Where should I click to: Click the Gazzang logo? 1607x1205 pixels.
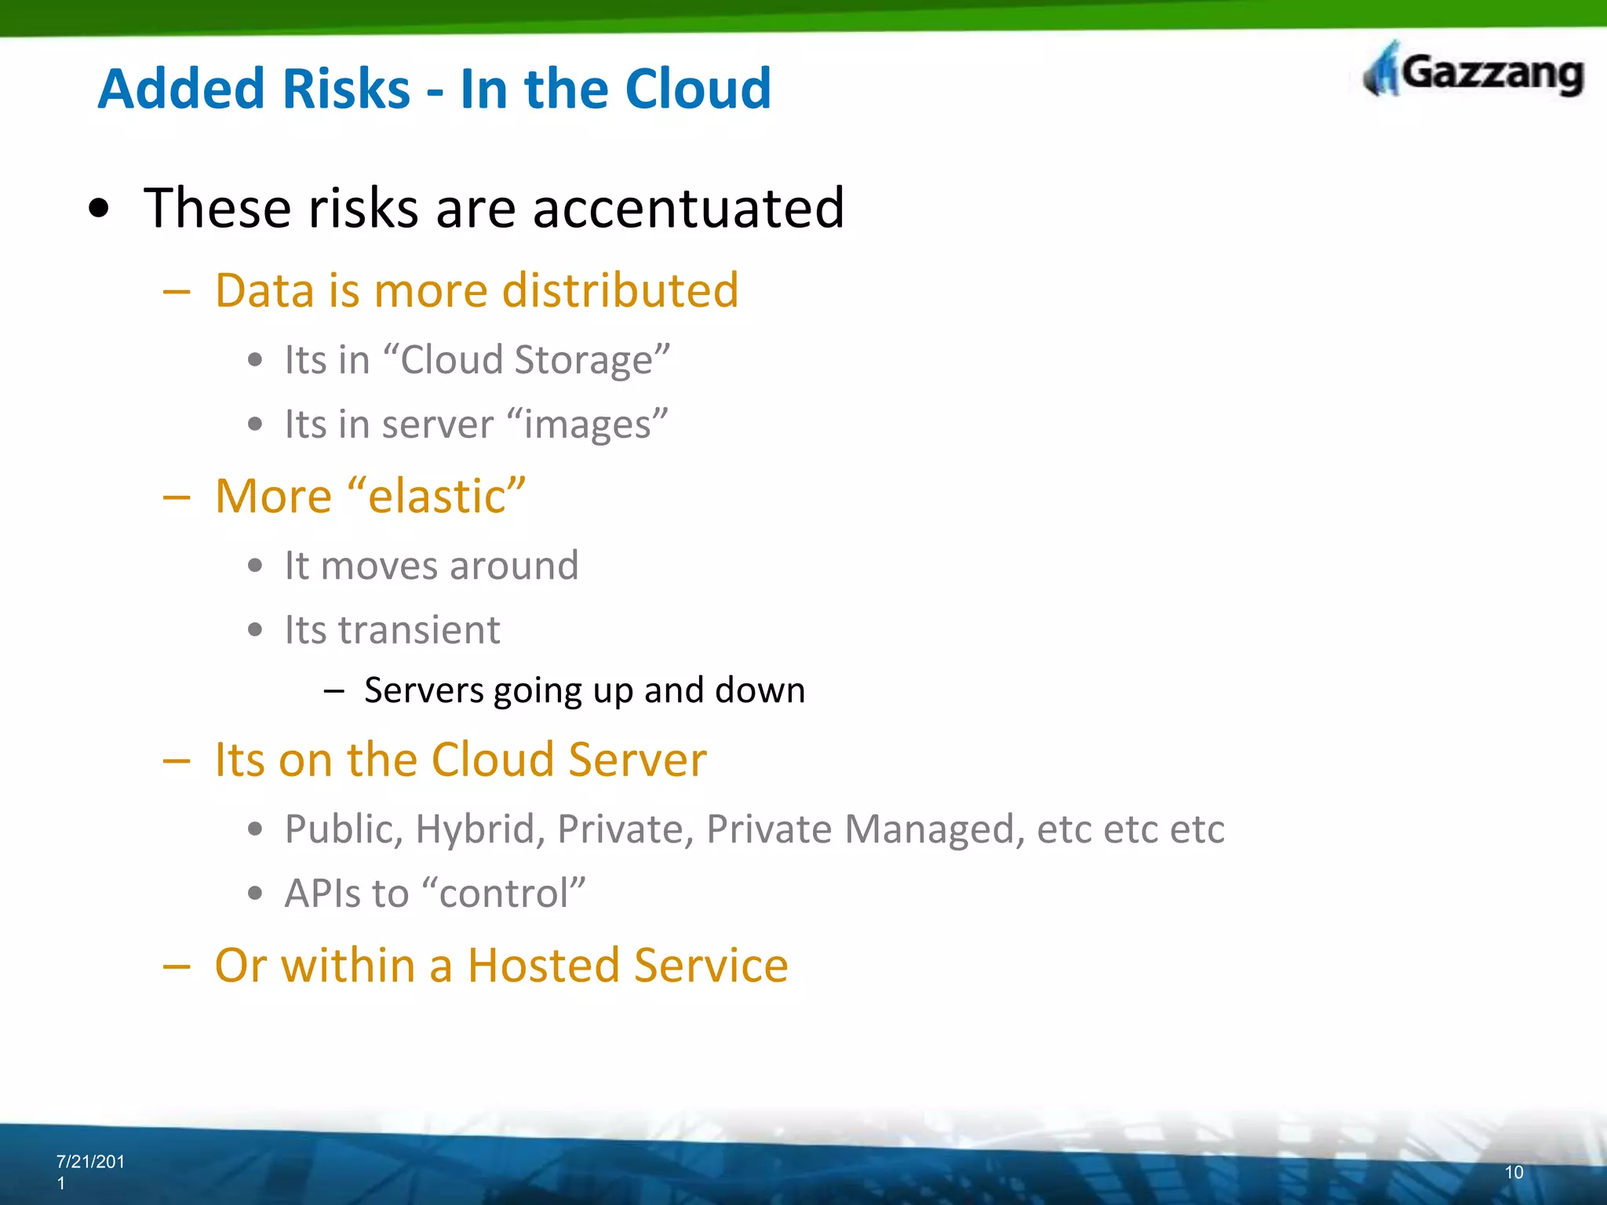[x=1474, y=72]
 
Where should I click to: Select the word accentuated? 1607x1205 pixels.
[x=688, y=208]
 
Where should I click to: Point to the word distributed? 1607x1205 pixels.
[x=620, y=290]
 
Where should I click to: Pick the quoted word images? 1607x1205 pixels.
[x=588, y=424]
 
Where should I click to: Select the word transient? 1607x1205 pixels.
[x=419, y=630]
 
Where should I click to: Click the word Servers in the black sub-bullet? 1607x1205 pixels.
[x=424, y=690]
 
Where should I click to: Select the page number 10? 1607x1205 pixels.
[x=1514, y=1172]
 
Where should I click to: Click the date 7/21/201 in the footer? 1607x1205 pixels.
[x=90, y=1162]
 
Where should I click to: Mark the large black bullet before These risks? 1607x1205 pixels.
[x=99, y=209]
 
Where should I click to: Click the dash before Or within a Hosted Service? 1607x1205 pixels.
[x=177, y=967]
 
